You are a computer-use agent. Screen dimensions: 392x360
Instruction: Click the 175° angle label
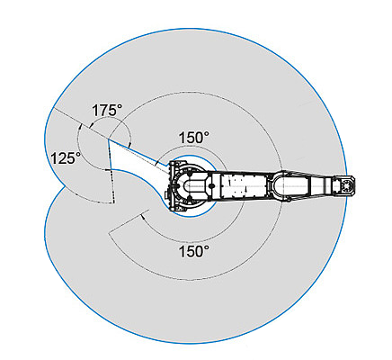[107, 110]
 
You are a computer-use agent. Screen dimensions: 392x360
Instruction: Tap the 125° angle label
[66, 158]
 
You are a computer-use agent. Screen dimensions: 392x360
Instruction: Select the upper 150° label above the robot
[194, 138]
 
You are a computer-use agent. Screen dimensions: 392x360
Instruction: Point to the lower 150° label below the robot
[194, 251]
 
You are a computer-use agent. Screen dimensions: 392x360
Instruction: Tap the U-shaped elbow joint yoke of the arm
[281, 186]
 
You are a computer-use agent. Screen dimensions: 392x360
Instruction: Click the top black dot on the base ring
[189, 174]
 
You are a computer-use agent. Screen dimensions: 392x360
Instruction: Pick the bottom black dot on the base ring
[189, 200]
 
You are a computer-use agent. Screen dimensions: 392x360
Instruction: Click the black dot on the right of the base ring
[212, 186]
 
